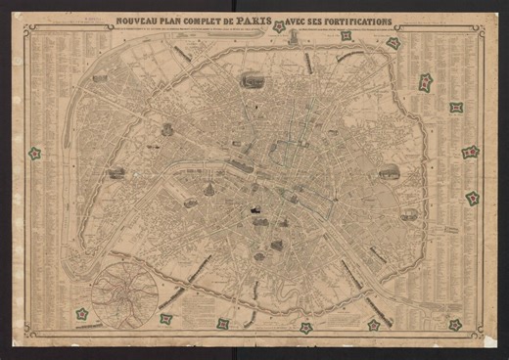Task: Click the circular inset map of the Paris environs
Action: click(125, 292)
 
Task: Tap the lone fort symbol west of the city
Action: click(34, 154)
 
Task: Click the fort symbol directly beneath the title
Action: click(279, 27)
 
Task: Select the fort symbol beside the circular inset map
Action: click(82, 314)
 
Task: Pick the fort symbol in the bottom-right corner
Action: click(455, 325)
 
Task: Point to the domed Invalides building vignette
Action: click(191, 203)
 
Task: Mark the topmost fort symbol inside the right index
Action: click(426, 83)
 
